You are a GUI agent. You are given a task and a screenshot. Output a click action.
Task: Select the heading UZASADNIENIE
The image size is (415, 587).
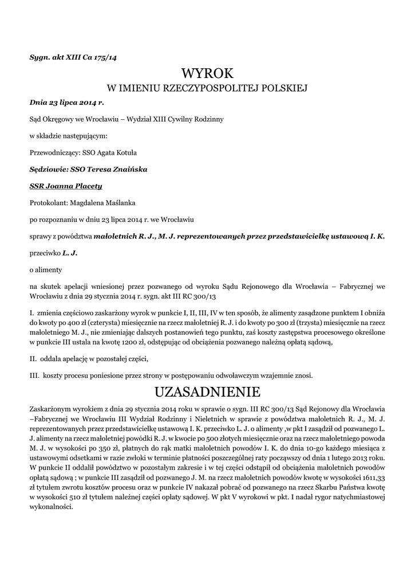click(x=208, y=393)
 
